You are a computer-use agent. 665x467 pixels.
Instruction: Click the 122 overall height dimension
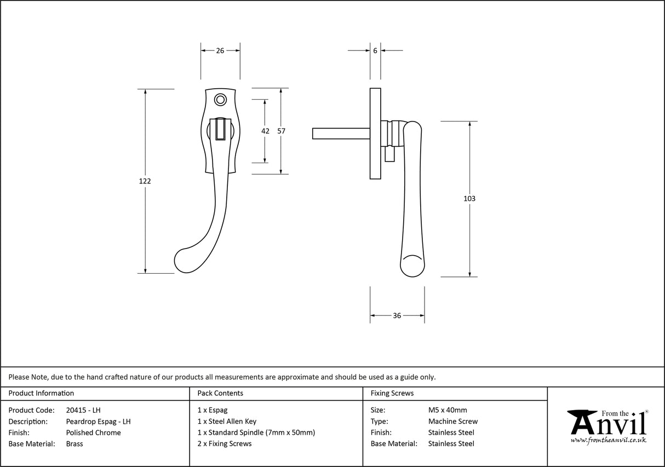tap(145, 181)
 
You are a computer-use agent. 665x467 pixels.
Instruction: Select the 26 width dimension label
tap(220, 50)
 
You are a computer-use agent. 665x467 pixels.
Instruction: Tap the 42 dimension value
tap(265, 131)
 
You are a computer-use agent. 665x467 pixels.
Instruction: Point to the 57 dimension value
tap(281, 131)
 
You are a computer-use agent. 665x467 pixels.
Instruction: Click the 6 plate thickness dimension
tap(375, 50)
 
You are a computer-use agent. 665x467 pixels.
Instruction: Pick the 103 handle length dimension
tap(469, 199)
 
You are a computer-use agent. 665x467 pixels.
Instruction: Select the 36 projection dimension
tap(397, 315)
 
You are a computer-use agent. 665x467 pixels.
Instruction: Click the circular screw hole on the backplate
tap(220, 100)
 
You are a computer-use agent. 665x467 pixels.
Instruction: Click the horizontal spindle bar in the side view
tap(340, 133)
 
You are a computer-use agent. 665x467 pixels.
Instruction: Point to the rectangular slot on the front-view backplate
tap(220, 129)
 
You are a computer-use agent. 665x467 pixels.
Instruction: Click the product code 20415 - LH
tap(83, 410)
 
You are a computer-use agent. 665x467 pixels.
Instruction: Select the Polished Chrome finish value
tap(93, 433)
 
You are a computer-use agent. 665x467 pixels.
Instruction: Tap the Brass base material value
tap(74, 443)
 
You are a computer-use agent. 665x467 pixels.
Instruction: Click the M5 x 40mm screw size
tap(448, 410)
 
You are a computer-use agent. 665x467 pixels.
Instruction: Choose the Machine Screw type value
tap(452, 422)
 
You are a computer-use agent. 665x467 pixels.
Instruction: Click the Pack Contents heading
tap(220, 393)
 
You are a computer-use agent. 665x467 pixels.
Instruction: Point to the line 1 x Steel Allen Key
tap(227, 422)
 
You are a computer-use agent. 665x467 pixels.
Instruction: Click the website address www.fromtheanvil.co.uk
tap(608, 440)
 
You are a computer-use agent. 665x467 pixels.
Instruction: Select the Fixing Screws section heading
tap(392, 393)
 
